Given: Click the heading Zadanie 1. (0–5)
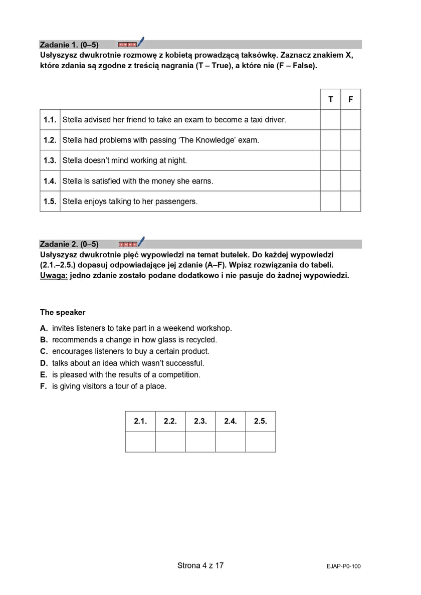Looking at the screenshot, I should (x=69, y=45).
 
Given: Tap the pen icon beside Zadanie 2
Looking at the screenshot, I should (x=140, y=242).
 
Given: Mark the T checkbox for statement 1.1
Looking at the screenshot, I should (x=330, y=120).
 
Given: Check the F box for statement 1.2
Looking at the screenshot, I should (x=350, y=140).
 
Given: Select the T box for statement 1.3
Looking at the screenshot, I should (x=330, y=160).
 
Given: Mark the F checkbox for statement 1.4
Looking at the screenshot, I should (x=350, y=181).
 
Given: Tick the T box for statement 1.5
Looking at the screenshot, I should (x=330, y=202).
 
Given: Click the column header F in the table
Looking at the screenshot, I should (x=350, y=99).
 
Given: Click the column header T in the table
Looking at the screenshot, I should (x=330, y=99).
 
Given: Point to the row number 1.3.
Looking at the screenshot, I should (x=50, y=160).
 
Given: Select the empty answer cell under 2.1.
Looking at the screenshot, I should (x=140, y=442).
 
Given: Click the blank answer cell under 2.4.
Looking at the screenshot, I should (x=230, y=442).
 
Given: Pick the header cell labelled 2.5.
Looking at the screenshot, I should (x=260, y=422).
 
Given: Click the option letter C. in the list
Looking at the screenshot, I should (x=44, y=351).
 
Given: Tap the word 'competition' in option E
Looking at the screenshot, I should (x=179, y=374).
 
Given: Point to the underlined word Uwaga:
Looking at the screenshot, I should (x=54, y=275).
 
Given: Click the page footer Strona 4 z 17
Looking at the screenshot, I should (x=200, y=565).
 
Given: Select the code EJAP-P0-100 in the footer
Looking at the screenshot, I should (x=343, y=566).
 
